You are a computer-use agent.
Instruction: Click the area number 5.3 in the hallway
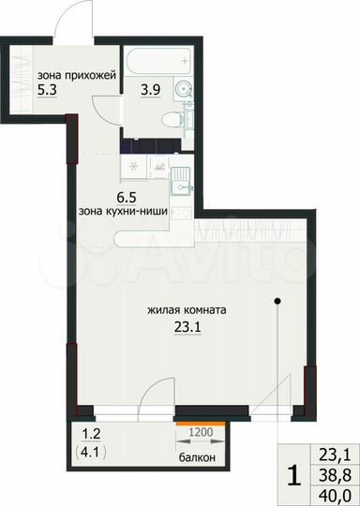pyautogui.click(x=48, y=93)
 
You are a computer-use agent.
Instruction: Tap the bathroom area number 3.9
pyautogui.click(x=149, y=90)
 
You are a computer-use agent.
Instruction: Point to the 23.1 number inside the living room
pyautogui.click(x=188, y=326)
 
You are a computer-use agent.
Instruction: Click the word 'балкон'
pyautogui.click(x=198, y=457)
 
